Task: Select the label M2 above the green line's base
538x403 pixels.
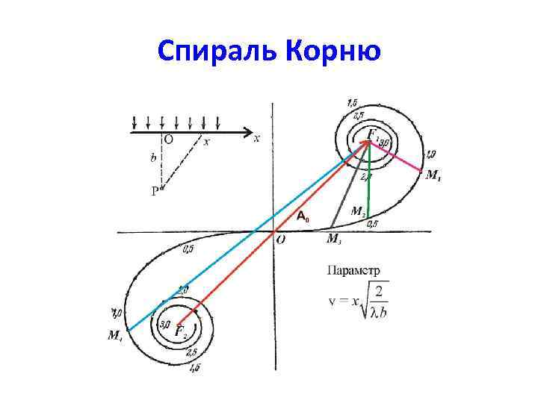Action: (359, 212)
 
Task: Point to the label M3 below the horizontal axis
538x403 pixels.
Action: (336, 240)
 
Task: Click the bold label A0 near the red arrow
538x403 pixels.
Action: (302, 217)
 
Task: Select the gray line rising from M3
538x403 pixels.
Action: (350, 187)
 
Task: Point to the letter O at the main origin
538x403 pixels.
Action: (280, 240)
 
